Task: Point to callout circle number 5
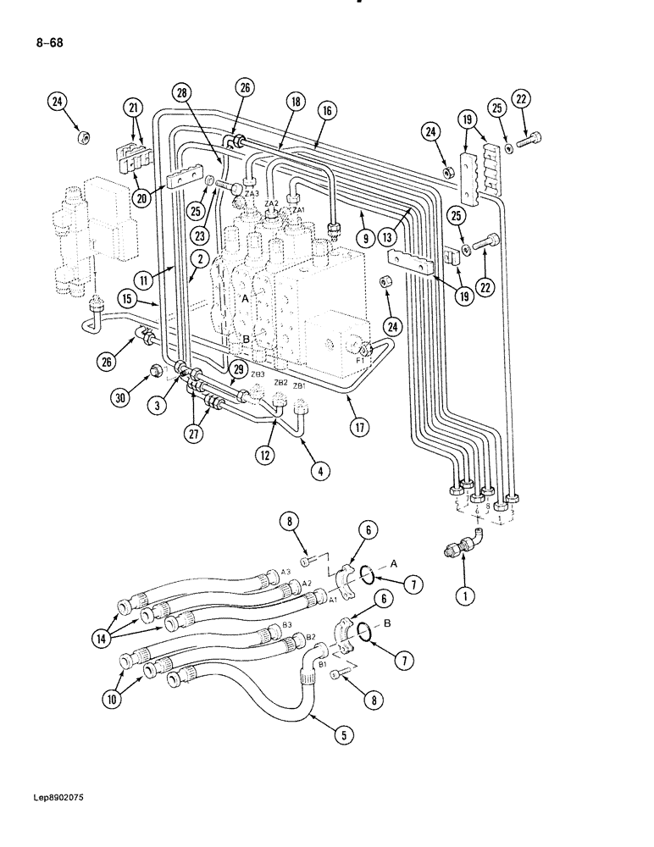343,735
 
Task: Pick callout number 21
132,108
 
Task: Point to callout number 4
319,471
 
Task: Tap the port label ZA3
251,194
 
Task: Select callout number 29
237,369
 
